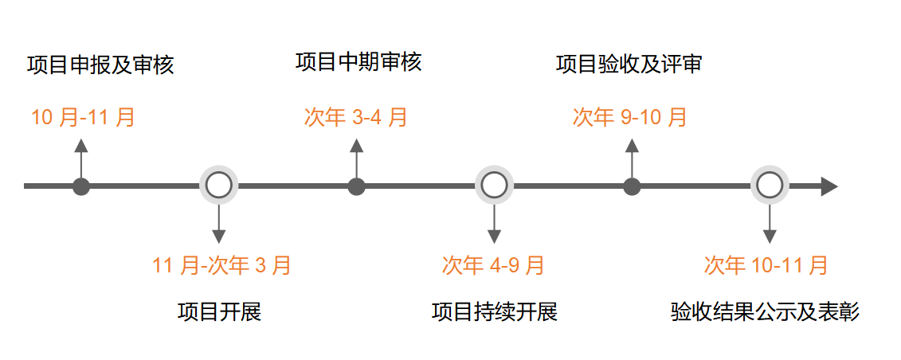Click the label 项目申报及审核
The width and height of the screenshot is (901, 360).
coord(100,65)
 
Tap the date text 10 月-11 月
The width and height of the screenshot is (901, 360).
coord(84,118)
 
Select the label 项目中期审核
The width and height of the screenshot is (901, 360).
coord(358,62)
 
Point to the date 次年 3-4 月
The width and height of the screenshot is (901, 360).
coord(356,118)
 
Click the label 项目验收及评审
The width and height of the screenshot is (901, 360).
coord(629,65)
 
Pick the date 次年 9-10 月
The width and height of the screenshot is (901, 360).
coord(630,118)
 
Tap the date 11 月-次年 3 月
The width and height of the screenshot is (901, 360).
coord(222,265)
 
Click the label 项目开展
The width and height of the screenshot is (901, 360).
coord(219,311)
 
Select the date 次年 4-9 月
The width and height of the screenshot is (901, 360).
coord(494,265)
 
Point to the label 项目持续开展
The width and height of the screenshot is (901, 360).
coord(495,311)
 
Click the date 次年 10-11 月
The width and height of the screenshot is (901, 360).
coord(766,265)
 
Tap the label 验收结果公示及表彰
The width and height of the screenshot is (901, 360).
coord(766,311)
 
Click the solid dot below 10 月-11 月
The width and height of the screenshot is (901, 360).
coord(80,186)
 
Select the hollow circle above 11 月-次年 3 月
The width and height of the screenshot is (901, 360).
coord(218,186)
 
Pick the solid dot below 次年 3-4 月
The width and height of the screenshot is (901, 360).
coord(356,186)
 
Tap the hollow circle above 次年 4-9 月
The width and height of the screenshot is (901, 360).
coord(494,186)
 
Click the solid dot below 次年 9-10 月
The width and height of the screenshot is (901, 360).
coord(632,186)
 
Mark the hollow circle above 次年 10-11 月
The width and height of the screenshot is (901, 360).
coord(769,186)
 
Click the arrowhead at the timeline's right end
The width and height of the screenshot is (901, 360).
coord(829,186)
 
